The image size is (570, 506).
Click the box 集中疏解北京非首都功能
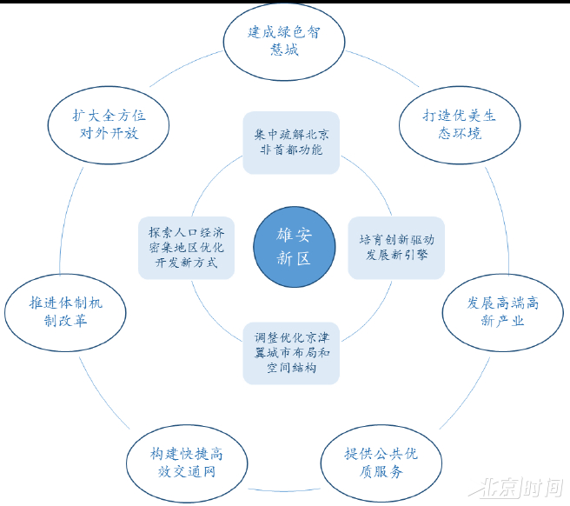point(291,143)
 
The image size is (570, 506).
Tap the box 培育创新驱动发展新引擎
point(396,247)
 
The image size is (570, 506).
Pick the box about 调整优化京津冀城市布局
point(291,353)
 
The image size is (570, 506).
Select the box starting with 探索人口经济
point(186,247)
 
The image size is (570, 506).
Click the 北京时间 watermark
point(520,487)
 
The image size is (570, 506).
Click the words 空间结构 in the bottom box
point(291,369)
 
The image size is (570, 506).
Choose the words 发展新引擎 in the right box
point(396,256)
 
